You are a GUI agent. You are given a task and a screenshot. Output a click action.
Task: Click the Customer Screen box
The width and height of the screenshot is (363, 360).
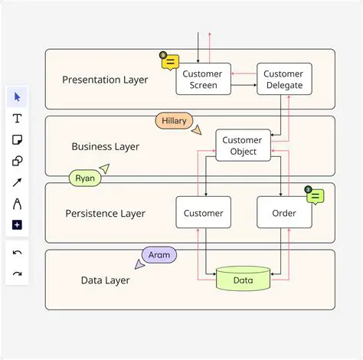(x=203, y=79)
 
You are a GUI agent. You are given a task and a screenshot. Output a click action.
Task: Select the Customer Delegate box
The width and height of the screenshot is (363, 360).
(x=283, y=79)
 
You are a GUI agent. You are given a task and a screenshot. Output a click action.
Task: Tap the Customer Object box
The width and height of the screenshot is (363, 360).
(x=243, y=145)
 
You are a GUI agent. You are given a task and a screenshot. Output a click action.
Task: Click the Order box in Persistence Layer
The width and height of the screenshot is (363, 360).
(x=284, y=212)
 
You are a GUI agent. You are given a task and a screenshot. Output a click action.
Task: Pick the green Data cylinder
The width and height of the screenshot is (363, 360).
(x=243, y=279)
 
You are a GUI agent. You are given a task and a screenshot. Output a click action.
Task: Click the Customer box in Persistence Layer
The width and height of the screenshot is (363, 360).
(x=203, y=212)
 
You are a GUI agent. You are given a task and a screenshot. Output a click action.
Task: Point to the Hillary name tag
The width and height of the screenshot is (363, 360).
(x=174, y=121)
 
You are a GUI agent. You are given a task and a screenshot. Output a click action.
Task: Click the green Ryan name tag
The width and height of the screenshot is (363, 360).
(x=85, y=178)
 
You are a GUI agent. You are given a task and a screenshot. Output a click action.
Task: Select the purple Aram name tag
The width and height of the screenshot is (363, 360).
(x=159, y=254)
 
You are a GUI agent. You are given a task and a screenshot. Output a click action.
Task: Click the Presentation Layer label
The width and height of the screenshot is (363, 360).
(x=105, y=80)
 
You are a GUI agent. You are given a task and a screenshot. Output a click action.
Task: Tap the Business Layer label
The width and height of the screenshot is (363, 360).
(x=105, y=146)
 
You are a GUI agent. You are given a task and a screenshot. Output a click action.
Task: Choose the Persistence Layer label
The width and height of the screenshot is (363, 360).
(x=105, y=213)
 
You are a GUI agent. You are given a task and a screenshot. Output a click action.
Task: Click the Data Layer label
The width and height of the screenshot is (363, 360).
(x=105, y=280)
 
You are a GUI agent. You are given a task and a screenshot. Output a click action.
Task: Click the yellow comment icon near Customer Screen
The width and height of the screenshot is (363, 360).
(x=170, y=62)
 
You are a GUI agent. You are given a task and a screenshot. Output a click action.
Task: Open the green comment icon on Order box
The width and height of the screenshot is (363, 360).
(x=315, y=196)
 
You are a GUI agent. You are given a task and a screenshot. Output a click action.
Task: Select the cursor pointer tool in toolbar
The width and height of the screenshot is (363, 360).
(x=17, y=97)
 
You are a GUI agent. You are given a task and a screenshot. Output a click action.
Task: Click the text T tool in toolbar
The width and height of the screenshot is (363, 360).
(x=17, y=119)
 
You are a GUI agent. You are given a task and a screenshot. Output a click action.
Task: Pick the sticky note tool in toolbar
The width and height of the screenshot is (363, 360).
(x=17, y=140)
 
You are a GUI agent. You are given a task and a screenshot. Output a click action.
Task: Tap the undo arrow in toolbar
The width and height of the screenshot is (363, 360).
(x=17, y=253)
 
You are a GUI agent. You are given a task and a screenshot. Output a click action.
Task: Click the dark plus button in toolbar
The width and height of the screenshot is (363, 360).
(x=17, y=225)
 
